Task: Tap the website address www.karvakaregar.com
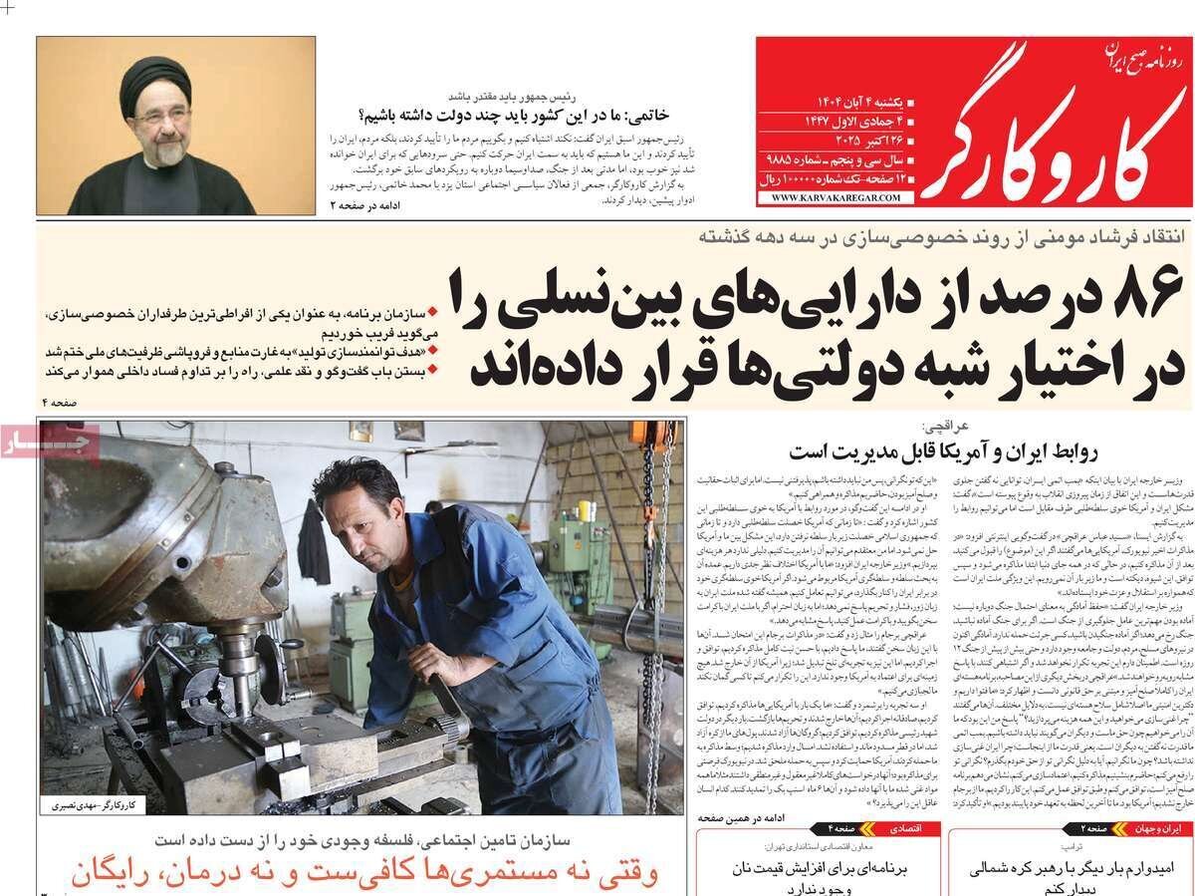click(x=835, y=198)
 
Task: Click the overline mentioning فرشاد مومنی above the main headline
click(x=935, y=236)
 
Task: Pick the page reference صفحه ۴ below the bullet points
click(x=61, y=401)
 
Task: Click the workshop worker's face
click(x=352, y=511)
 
